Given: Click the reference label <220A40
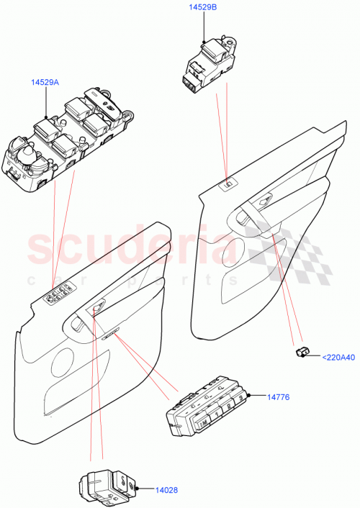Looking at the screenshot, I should pyautogui.click(x=337, y=355).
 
